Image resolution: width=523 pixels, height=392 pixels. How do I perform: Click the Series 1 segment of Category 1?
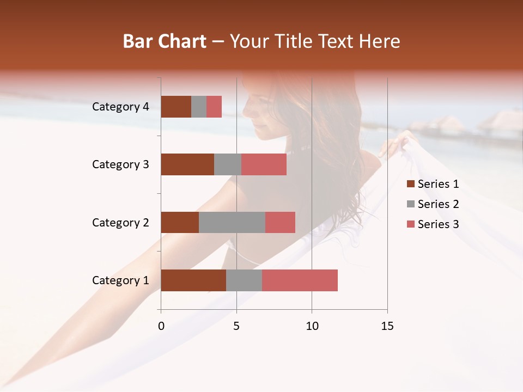[x=193, y=280]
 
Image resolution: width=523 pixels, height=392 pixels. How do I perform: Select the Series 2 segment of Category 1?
[x=244, y=280]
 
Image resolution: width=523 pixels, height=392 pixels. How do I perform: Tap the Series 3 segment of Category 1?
[x=300, y=280]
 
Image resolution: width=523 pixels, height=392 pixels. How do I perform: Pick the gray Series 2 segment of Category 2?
[x=232, y=222]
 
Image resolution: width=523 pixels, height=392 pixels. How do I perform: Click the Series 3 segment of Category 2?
[x=280, y=222]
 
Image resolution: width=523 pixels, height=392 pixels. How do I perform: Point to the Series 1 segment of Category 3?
[x=187, y=164]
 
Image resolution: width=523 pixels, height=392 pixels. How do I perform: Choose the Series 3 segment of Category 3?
[x=264, y=164]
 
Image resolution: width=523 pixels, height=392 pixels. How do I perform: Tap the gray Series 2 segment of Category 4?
[x=199, y=107]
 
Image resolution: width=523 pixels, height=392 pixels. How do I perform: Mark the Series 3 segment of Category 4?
[x=214, y=107]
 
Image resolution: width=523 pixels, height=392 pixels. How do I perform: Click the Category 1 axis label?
[x=120, y=280]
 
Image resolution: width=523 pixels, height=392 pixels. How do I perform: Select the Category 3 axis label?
[x=120, y=164]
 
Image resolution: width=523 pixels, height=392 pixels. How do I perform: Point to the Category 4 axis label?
[x=120, y=107]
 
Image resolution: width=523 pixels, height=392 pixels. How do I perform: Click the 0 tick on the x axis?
[x=161, y=326]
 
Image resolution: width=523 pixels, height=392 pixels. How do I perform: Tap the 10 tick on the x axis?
[x=312, y=326]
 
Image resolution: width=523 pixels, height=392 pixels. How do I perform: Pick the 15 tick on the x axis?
[x=387, y=326]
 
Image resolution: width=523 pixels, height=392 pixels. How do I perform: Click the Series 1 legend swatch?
[x=411, y=184]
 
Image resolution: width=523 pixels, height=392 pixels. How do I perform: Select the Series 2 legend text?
[x=438, y=204]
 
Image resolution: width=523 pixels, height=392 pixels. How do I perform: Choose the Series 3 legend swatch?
[x=411, y=224]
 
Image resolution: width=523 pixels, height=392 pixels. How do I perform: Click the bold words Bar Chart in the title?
[x=165, y=41]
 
